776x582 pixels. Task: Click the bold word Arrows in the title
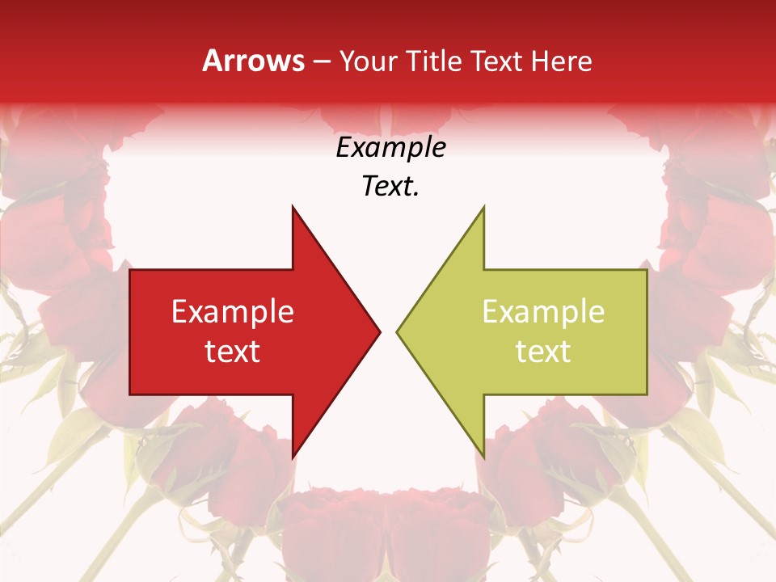click(254, 61)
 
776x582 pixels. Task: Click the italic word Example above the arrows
click(390, 148)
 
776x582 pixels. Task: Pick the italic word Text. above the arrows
click(390, 187)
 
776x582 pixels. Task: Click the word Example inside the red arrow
click(233, 312)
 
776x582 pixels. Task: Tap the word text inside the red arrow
click(233, 351)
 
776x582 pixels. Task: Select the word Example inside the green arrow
click(543, 312)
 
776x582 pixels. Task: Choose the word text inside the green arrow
click(543, 351)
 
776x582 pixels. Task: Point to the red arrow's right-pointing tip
click(380, 331)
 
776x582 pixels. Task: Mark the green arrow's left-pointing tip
click(397, 331)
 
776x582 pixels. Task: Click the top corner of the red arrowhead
click(293, 207)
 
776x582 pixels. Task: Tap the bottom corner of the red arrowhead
click(293, 458)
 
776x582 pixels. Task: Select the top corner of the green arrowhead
click(483, 207)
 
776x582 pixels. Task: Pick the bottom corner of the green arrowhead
click(483, 458)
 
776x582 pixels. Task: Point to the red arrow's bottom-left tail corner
click(131, 394)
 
